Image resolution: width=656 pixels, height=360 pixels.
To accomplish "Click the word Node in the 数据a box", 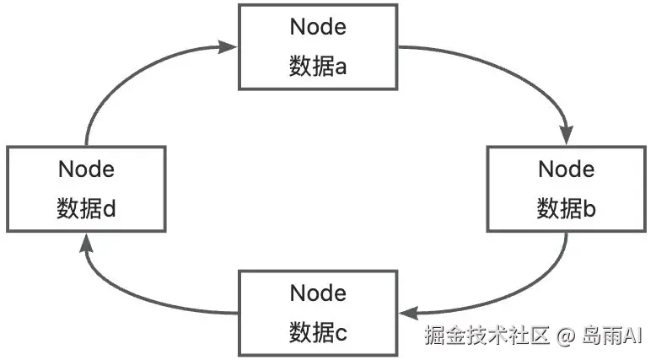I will [318, 26].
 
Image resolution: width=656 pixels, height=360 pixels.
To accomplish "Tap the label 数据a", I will [318, 67].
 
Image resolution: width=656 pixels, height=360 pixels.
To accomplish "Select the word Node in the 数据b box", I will [567, 169].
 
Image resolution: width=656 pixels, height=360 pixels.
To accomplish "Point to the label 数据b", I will [567, 208].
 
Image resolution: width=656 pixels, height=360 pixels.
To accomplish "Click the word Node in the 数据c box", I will [318, 293].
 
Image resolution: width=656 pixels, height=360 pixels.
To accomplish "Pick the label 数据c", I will [318, 332].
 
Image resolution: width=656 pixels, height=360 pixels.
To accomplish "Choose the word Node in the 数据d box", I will [86, 169].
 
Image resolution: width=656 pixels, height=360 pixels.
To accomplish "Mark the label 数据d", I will [86, 208].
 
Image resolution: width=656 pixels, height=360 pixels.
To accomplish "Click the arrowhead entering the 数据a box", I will [229, 46].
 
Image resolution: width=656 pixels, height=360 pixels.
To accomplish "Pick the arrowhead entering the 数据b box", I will [567, 135].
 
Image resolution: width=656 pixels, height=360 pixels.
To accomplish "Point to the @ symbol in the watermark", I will [564, 336].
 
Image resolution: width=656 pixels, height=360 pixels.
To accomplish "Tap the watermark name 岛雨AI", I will [610, 336].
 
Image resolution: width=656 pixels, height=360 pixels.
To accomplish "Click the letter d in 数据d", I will [109, 208].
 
